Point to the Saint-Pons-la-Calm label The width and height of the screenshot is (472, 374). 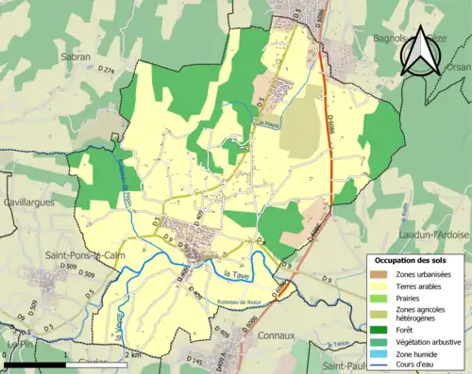[x=80, y=254]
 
